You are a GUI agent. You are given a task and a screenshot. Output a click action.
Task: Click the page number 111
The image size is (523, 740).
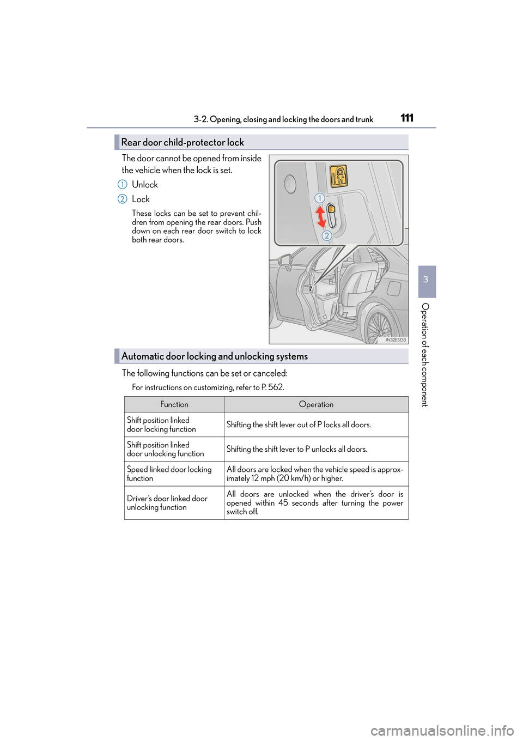click(x=407, y=118)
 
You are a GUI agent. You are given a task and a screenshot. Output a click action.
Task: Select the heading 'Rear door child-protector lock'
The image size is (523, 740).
click(x=183, y=142)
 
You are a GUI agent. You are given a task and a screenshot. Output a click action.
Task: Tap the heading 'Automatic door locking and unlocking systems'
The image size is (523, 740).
click(x=214, y=356)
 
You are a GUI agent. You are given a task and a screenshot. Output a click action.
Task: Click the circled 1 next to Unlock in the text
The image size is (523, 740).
click(x=123, y=185)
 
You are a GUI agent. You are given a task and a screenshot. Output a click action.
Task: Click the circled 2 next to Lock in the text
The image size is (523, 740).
click(x=123, y=199)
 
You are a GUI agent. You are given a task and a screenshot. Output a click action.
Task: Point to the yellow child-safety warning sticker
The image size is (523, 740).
click(x=339, y=177)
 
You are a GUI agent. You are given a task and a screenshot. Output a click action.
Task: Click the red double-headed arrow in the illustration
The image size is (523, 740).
click(x=321, y=216)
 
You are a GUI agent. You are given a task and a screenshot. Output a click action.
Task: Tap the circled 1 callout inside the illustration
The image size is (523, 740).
click(x=320, y=198)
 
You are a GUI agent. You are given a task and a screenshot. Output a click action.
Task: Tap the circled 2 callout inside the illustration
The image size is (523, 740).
click(x=326, y=235)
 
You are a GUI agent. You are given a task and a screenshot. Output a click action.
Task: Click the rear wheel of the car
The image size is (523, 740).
click(x=379, y=326)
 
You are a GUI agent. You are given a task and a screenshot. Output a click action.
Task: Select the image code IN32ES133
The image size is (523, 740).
click(x=396, y=339)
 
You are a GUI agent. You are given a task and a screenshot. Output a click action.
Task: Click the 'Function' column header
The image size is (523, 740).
click(x=174, y=404)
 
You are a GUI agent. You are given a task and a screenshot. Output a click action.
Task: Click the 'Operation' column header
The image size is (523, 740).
click(x=316, y=404)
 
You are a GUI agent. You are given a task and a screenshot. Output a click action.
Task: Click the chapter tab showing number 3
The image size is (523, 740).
click(x=426, y=280)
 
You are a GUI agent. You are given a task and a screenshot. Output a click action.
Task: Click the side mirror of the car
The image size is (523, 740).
click(x=285, y=260)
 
